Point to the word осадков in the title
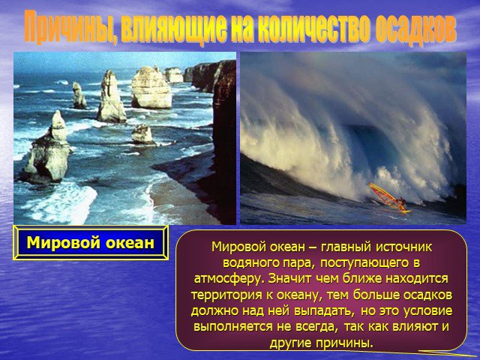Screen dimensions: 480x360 click(415, 27)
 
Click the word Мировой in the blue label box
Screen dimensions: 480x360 click(63, 243)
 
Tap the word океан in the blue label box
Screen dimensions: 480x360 click(130, 244)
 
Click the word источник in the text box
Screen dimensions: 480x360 click(403, 247)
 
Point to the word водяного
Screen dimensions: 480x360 click(250, 263)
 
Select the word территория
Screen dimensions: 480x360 click(226, 295)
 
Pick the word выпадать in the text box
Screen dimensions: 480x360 click(325, 310)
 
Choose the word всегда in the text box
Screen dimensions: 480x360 click(316, 327)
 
